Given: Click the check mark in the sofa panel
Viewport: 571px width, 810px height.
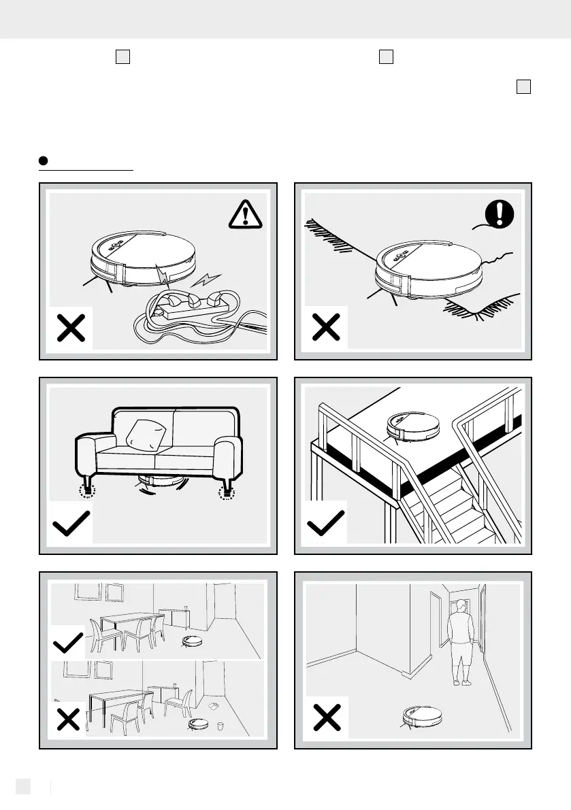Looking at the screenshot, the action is click(x=71, y=525).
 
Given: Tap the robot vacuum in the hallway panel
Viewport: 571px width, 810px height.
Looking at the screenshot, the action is click(x=422, y=714).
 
